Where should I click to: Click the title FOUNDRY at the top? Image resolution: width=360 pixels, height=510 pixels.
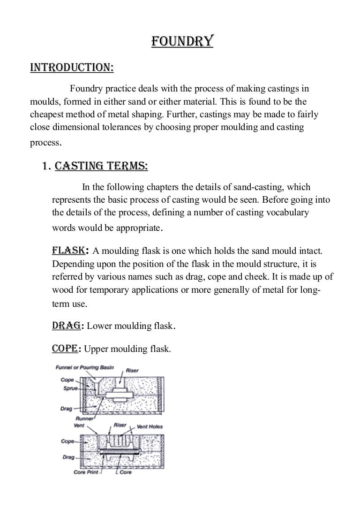coord(182,43)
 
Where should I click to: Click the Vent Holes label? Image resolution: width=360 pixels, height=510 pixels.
coord(150,426)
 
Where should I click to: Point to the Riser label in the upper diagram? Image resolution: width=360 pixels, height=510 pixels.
coord(133,371)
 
